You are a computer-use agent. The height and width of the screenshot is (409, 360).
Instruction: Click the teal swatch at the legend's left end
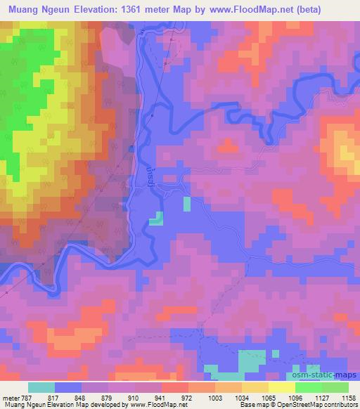click(x=41, y=387)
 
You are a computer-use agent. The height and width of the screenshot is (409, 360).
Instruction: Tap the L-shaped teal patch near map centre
click(x=156, y=219)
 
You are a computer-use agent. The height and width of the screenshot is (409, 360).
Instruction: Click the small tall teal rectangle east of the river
click(x=186, y=204)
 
